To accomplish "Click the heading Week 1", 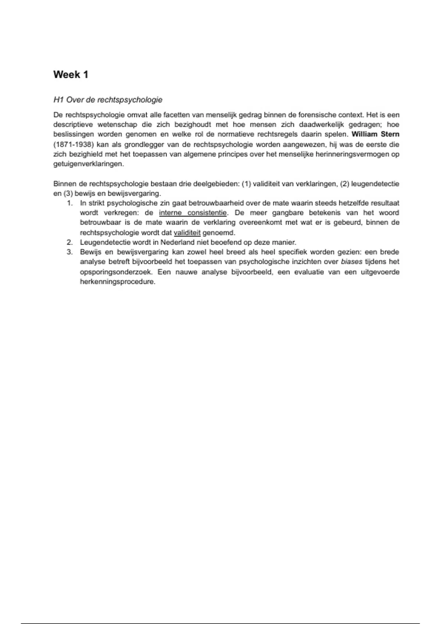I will tap(71, 75).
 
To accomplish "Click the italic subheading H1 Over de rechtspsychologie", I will tap(108, 100).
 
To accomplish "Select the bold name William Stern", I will tap(375, 134).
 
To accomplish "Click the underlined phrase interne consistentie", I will tap(193, 213).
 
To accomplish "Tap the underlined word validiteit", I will tap(187, 233).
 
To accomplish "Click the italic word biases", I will tap(351, 262).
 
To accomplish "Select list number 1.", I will tap(70, 203).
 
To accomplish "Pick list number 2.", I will tap(70, 242).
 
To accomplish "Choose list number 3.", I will tap(70, 252).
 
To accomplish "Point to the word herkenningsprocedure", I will tap(118, 282).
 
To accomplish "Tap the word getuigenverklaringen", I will tap(89, 164).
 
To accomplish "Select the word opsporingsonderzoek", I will tap(116, 272).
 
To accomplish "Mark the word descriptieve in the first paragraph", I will tap(73, 124).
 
